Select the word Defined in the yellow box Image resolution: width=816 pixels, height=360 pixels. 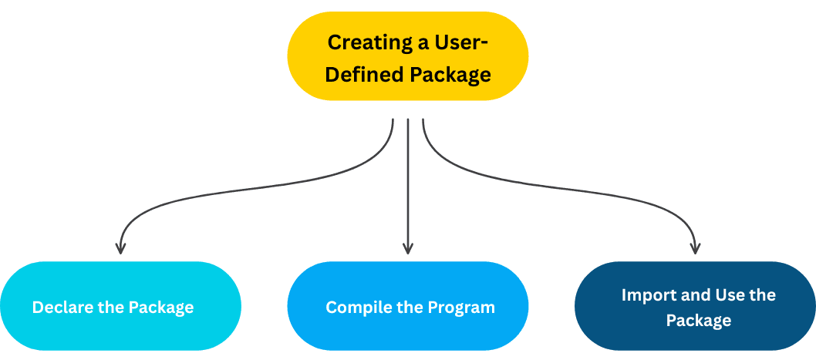[365, 75]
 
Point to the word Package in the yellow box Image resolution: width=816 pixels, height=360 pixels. [450, 75]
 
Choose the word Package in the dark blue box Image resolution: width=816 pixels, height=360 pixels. [698, 319]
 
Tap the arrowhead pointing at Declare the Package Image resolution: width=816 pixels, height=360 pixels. [120, 248]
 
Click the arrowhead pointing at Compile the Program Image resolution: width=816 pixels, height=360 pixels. [408, 248]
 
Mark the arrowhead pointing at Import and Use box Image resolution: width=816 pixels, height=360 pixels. [695, 248]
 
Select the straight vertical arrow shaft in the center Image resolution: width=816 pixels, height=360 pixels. [408, 185]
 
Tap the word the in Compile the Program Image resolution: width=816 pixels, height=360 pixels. [409, 308]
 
